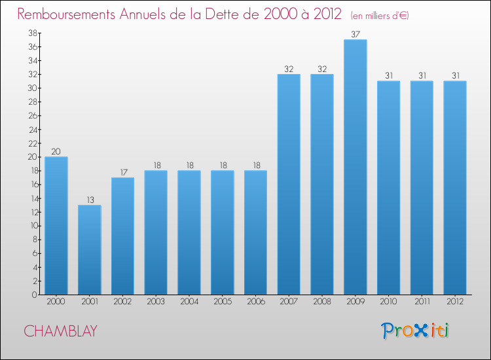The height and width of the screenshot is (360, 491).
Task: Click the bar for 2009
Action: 355,167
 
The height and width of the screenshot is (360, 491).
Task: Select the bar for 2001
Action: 89,249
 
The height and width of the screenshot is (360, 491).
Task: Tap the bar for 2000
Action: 56,225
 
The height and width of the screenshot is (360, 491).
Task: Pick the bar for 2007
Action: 289,184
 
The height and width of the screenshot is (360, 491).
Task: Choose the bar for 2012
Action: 455,187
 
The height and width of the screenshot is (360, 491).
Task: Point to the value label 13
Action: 89,200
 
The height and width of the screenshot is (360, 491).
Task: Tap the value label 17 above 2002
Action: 122,172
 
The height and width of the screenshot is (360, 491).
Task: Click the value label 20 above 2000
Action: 56,152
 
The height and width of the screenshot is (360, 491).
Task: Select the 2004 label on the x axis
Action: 189,302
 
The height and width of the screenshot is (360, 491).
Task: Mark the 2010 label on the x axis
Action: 388,302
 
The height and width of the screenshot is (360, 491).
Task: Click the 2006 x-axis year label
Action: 255,302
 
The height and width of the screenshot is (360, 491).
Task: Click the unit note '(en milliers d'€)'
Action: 380,15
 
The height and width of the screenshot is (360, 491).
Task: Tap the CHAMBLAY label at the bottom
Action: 60,331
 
